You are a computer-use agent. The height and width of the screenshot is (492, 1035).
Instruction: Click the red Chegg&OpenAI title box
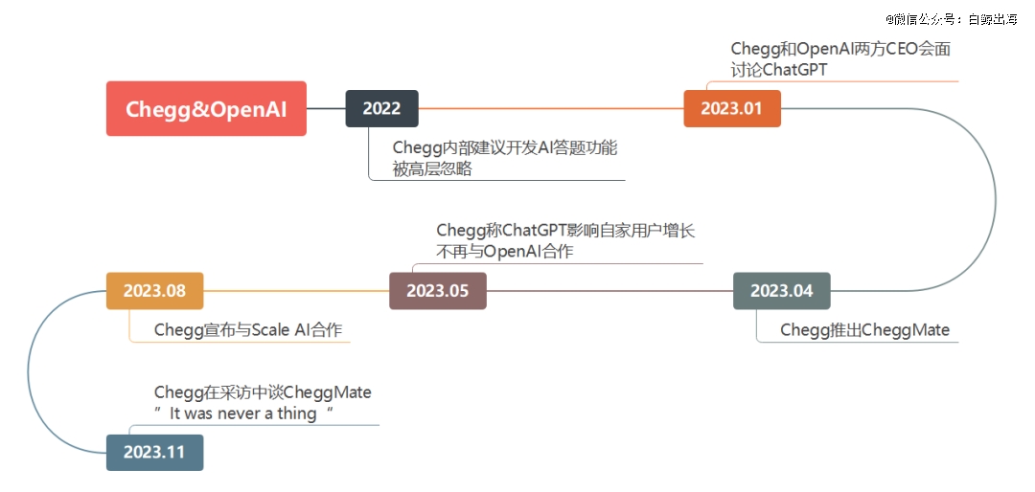206,108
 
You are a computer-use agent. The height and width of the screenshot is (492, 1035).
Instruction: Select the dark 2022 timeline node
381,108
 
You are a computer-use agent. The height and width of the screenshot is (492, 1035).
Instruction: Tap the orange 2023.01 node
732,108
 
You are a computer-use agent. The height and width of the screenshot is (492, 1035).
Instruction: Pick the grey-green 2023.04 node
782,291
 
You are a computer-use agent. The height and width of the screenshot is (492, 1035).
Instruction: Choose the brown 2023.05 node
438,291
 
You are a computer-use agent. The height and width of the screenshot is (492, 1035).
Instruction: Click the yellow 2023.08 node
154,291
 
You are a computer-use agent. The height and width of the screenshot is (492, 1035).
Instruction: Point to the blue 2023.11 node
154,453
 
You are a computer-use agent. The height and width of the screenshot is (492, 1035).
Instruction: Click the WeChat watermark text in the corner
952,19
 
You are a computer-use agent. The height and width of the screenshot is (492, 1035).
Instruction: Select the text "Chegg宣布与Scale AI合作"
248,330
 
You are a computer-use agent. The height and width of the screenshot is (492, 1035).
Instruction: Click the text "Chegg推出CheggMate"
864,330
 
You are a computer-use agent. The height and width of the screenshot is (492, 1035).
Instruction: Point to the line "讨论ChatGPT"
779,69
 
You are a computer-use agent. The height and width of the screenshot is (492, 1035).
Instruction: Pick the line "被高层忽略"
432,168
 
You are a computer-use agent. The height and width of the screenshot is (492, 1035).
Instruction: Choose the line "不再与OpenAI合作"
505,252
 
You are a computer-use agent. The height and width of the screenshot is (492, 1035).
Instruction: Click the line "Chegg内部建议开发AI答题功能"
505,147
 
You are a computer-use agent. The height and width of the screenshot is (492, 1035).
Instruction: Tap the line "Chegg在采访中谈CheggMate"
263,392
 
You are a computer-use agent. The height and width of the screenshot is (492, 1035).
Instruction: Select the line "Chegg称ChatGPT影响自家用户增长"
565,230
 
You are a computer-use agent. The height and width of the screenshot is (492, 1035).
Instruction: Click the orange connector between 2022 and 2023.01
551,108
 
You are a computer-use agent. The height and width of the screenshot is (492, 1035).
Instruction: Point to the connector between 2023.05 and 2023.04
609,291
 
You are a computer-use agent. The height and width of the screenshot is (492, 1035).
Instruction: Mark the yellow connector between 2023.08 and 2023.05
296,291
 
